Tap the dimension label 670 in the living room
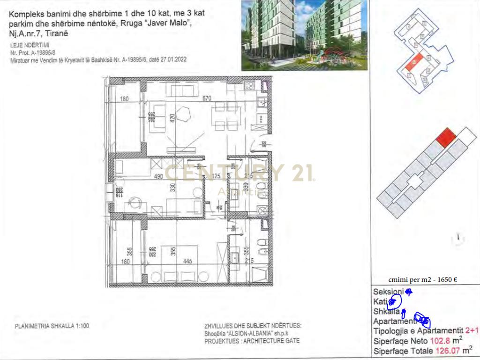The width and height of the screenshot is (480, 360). [207, 98]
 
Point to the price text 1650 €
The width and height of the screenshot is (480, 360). [447, 280]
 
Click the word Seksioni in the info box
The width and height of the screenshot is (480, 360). [388, 292]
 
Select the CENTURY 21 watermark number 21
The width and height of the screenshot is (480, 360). [302, 172]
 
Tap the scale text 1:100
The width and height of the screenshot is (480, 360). [80, 326]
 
